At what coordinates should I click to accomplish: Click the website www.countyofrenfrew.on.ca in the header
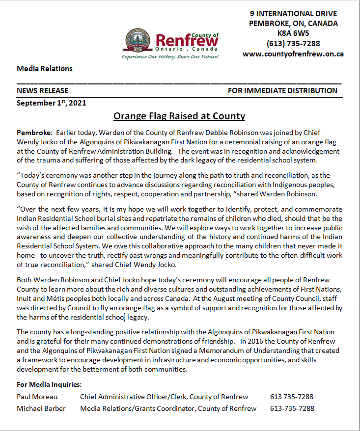293,54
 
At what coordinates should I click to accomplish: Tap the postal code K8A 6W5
293,33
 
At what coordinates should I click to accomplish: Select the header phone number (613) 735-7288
293,44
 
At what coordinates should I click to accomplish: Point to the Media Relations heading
45,69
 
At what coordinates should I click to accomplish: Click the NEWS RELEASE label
43,91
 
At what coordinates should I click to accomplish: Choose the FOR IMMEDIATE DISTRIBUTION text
282,91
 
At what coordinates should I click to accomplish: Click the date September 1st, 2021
52,103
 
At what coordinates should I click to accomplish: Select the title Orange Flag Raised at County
179,116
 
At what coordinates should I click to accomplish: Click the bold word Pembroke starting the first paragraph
34,133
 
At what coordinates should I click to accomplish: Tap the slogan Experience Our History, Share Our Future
170,57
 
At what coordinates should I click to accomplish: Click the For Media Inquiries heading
49,384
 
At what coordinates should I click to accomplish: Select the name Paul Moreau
37,397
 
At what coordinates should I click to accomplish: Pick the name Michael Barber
41,408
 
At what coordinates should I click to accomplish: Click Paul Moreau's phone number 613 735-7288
291,397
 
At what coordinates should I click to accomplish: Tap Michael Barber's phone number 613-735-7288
292,408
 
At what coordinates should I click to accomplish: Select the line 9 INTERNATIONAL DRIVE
293,13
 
